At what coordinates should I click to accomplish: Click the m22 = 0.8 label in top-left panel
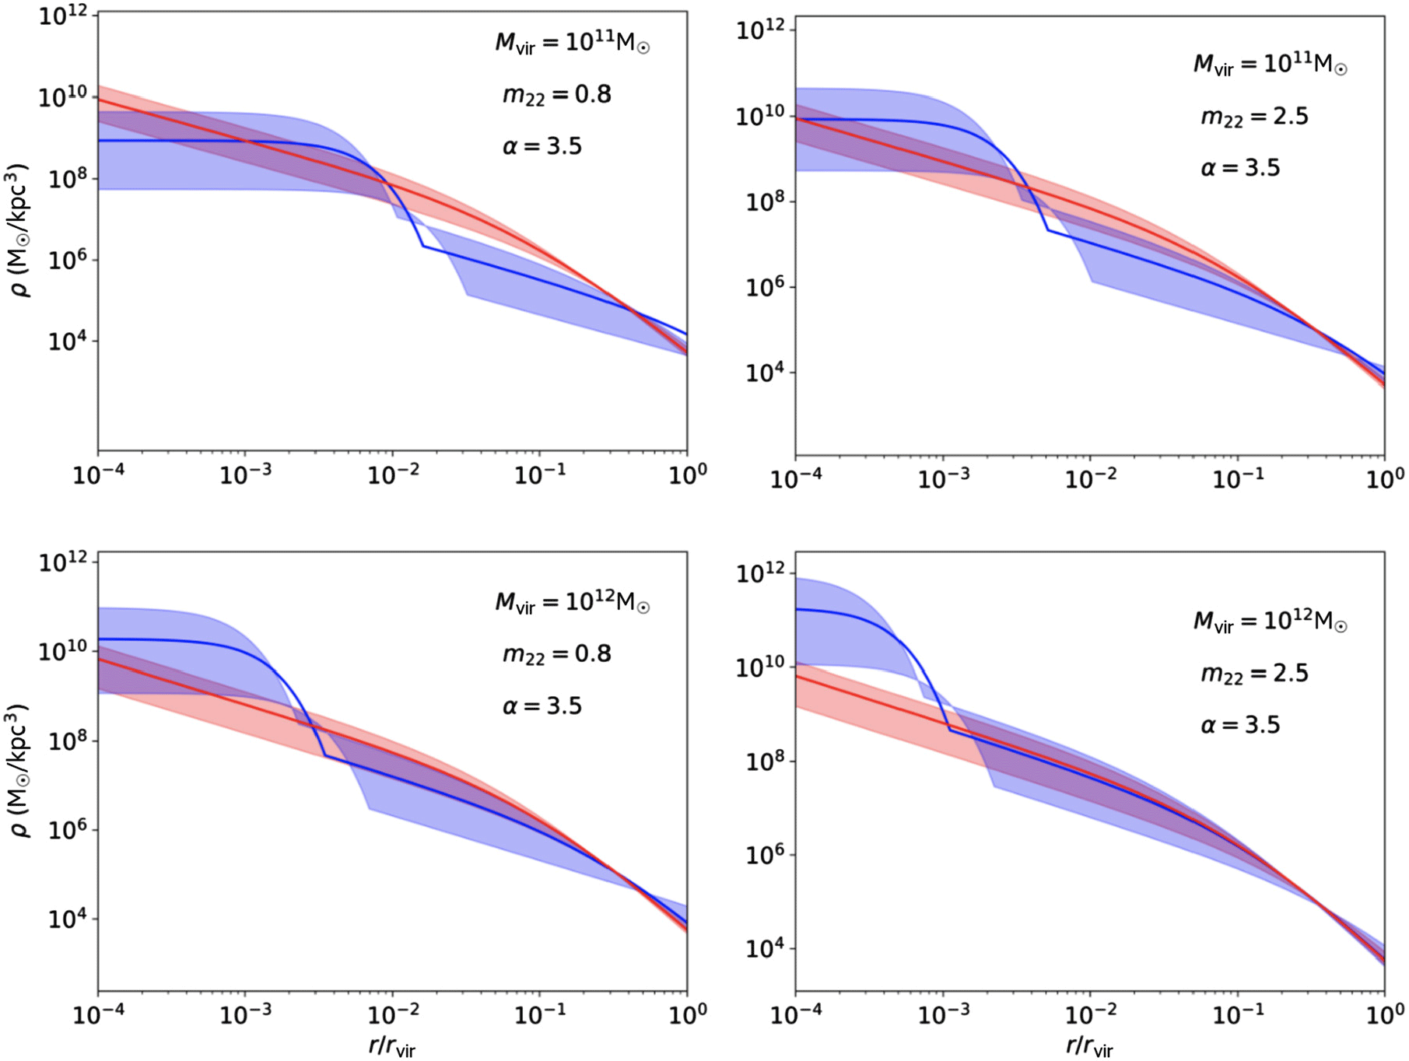click(556, 95)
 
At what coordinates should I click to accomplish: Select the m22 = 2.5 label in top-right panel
click(1254, 117)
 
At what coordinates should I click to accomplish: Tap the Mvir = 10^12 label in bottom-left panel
click(572, 602)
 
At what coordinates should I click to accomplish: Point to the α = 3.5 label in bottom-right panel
click(1240, 725)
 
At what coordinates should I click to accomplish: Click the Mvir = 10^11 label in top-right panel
click(1270, 64)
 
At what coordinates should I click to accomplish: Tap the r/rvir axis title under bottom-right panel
click(1089, 1046)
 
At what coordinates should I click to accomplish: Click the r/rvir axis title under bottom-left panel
click(391, 1046)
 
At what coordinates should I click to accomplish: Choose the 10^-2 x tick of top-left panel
click(392, 474)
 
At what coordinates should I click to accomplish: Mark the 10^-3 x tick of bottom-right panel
click(943, 1014)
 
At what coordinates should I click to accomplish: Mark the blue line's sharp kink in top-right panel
click(1047, 230)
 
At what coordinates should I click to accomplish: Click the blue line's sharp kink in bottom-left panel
click(324, 755)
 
